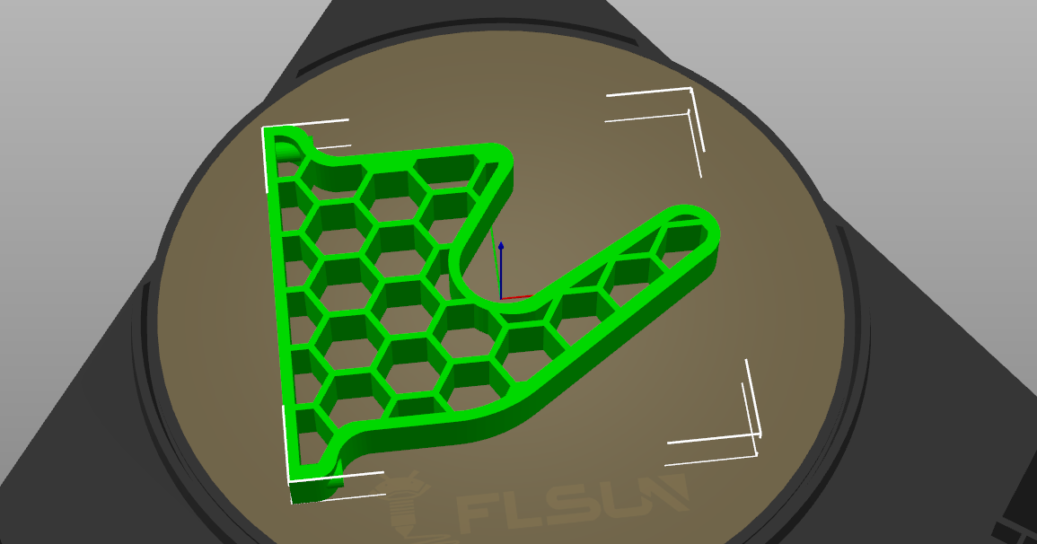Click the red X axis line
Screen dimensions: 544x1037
pos(517,296)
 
